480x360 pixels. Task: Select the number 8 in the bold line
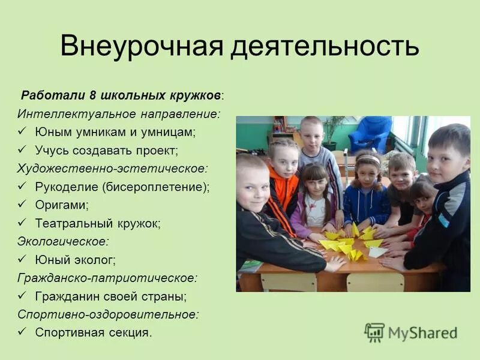92,95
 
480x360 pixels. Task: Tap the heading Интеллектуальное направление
119,113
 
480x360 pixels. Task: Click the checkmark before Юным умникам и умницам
22,130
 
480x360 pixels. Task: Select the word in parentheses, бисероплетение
156,187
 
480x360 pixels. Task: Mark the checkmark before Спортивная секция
22,331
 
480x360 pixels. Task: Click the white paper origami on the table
376,253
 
